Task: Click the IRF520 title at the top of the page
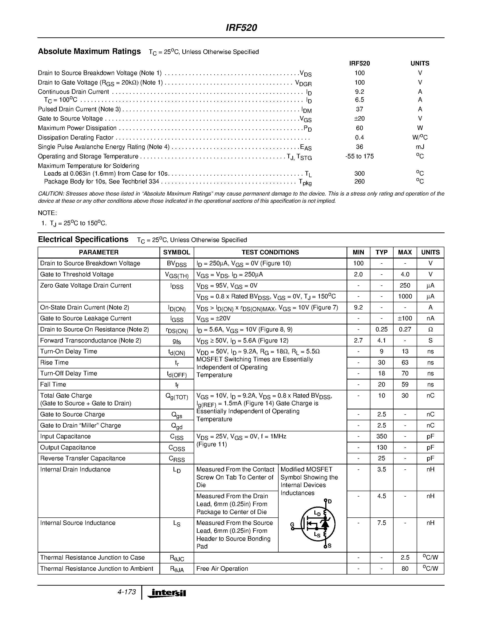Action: click(x=241, y=28)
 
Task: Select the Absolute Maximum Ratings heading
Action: click(x=89, y=51)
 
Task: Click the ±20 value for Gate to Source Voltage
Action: click(x=359, y=118)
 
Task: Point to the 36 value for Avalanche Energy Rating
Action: click(x=359, y=147)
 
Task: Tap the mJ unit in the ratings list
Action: click(x=420, y=147)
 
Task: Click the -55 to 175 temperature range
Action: click(x=359, y=156)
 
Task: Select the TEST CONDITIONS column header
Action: click(x=270, y=252)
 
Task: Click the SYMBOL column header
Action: click(x=176, y=252)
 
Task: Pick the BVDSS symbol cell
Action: click(x=176, y=264)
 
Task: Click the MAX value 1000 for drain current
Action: click(x=405, y=296)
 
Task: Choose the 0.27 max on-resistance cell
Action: click(x=405, y=329)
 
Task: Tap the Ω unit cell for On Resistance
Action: click(x=430, y=329)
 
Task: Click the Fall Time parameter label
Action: click(x=53, y=384)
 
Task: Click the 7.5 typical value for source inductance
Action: click(x=382, y=523)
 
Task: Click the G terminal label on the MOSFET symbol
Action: click(x=292, y=524)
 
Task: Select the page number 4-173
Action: click(x=127, y=592)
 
